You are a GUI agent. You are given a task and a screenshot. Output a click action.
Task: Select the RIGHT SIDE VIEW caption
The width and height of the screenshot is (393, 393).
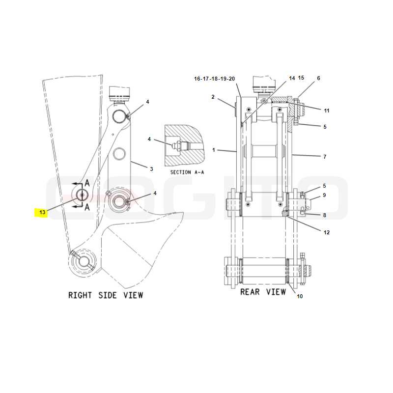106,295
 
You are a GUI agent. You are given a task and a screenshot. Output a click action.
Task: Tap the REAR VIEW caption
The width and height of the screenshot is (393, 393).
263,292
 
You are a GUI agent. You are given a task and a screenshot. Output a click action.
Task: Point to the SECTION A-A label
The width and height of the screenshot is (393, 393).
187,172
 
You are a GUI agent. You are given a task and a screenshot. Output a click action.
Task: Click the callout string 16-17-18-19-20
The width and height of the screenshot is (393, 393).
214,79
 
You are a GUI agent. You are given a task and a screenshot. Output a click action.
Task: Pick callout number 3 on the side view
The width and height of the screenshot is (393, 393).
151,169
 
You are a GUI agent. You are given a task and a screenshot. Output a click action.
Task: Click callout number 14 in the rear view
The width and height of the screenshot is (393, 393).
292,78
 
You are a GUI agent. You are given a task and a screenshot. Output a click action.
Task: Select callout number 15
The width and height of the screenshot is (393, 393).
301,78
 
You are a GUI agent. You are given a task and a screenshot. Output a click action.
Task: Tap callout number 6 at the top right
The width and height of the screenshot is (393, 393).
318,78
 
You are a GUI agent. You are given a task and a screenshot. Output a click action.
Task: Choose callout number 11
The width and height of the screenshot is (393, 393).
327,111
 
